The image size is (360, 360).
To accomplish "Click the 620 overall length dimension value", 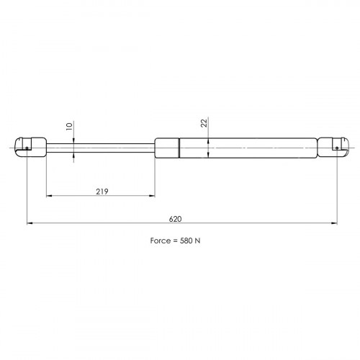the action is point(175,219).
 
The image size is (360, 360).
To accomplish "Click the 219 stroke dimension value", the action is point(102,192).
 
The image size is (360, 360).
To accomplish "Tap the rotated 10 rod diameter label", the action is point(69,126).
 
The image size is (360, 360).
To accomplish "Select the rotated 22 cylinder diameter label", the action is point(204,123).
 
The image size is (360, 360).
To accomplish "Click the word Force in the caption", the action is point(161,240).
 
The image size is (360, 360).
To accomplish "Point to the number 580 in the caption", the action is point(186,240).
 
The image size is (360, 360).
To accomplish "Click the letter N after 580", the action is point(197,240).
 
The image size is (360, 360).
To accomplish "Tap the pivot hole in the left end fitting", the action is point(27,148).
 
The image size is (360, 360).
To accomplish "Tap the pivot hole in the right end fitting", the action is point(337,148).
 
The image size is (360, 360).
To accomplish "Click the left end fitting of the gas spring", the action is point(30,148).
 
